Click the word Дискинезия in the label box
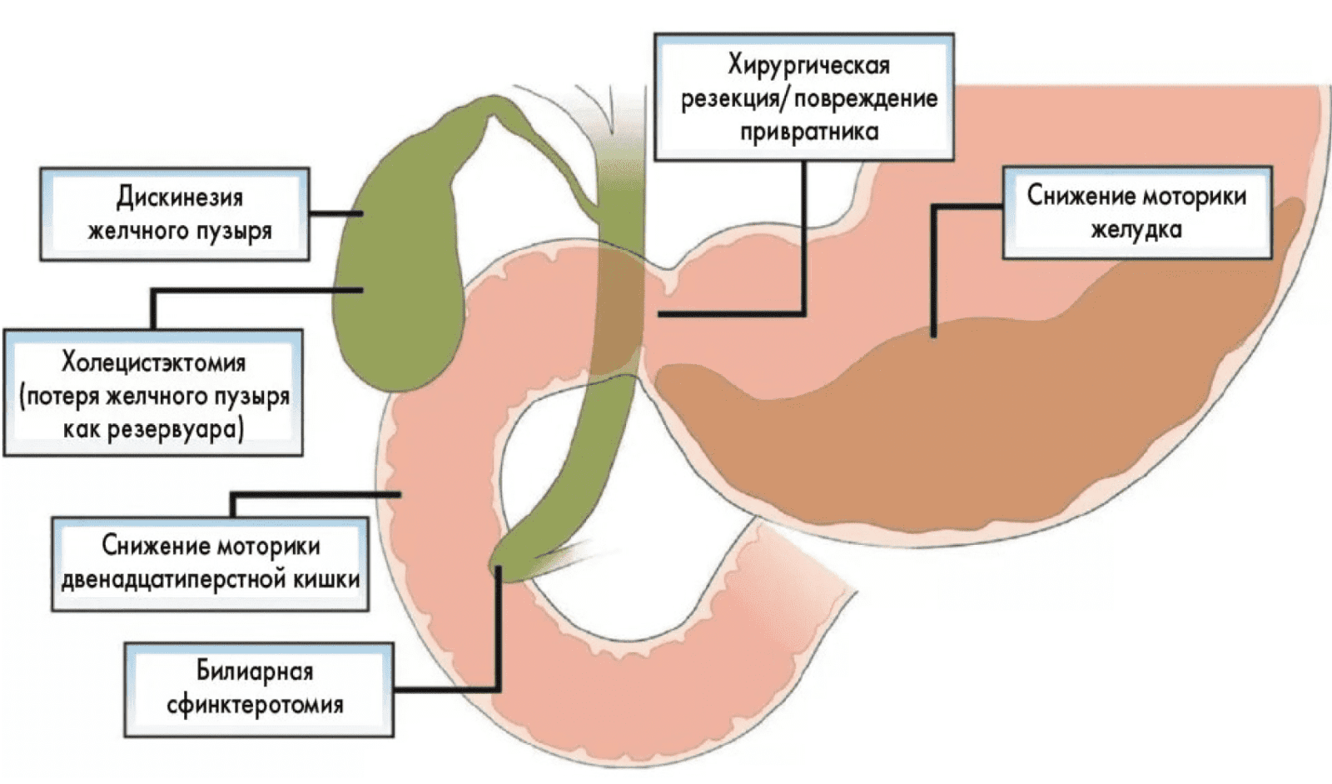[179, 198]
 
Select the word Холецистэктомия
[153, 363]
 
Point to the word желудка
[1136, 230]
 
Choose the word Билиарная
[255, 671]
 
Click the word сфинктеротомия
[255, 705]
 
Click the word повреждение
[866, 99]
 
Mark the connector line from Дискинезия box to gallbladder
[336, 214]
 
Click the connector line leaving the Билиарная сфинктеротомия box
[450, 690]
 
